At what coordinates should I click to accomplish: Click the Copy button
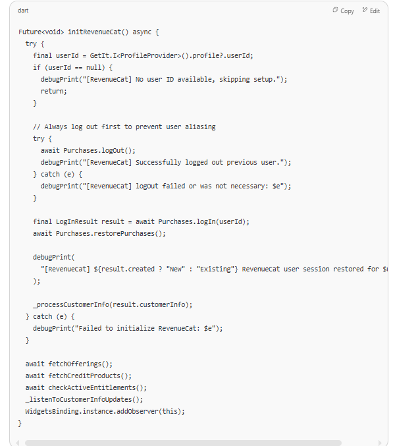click(x=343, y=11)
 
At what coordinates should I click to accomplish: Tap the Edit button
click(x=371, y=11)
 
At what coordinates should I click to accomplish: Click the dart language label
click(x=23, y=11)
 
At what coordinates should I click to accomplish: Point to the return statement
click(x=54, y=92)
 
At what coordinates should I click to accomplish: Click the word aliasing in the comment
click(x=200, y=127)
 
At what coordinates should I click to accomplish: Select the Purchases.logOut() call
click(x=99, y=150)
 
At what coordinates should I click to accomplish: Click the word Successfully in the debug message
click(x=158, y=163)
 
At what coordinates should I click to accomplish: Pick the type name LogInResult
click(x=77, y=221)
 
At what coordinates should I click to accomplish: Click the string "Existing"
click(x=215, y=269)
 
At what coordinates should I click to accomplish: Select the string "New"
click(x=176, y=269)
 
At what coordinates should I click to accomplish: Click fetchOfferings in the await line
click(x=75, y=364)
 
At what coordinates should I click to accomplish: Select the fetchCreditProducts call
click(x=90, y=376)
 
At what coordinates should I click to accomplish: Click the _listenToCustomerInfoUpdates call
click(x=84, y=400)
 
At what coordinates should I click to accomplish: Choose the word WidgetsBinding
click(x=52, y=412)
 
